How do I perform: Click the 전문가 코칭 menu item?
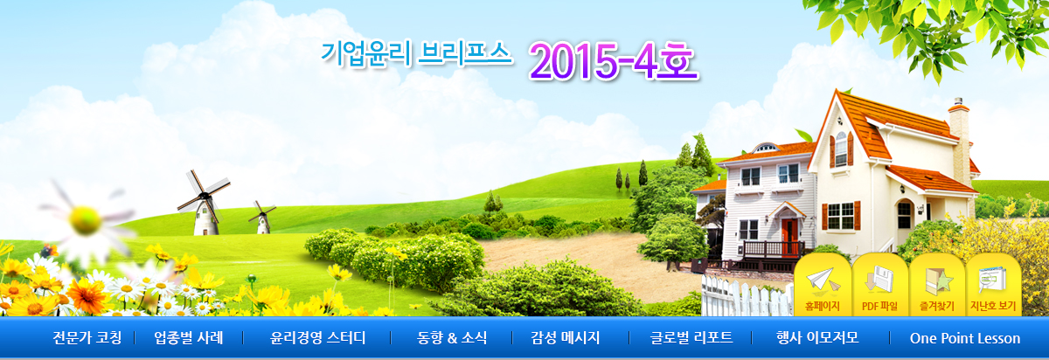(87, 338)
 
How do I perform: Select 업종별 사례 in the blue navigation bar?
(188, 338)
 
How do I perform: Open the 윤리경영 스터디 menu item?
(317, 338)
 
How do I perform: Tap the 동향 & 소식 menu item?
(452, 338)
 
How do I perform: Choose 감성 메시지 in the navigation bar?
(566, 338)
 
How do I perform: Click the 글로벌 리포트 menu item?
(691, 338)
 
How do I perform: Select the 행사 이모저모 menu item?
(817, 338)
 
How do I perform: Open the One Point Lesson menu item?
(965, 338)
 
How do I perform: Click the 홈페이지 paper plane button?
(823, 286)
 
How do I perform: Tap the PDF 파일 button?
(879, 286)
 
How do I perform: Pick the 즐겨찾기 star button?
(936, 286)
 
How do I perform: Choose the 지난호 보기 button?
(993, 286)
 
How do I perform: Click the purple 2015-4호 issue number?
(614, 62)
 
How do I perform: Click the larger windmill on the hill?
(205, 204)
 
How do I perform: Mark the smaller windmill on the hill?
(263, 218)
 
